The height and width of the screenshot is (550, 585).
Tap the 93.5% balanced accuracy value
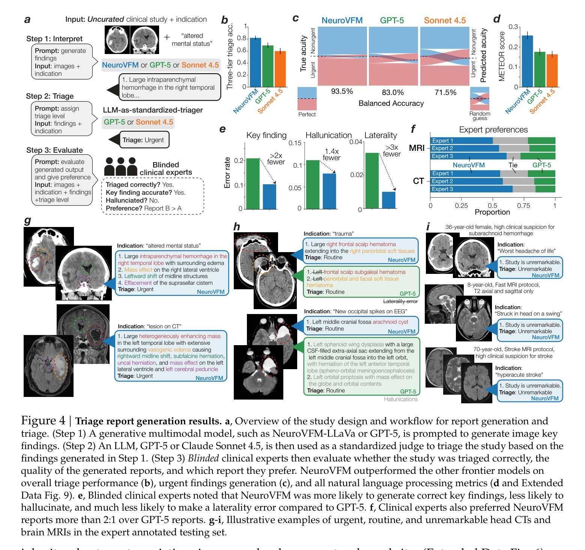[342, 92]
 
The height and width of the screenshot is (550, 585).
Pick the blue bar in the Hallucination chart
[329, 191]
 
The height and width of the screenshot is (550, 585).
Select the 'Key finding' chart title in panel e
[266, 135]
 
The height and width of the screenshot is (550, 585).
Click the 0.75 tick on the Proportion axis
[524, 206]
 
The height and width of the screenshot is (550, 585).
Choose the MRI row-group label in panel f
[417, 148]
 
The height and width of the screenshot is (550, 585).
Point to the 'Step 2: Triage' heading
[50, 96]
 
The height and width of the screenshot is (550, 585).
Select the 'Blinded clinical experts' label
[166, 168]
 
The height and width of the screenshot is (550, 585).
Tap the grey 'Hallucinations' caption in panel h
[400, 399]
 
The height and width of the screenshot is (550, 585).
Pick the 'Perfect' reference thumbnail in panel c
[307, 99]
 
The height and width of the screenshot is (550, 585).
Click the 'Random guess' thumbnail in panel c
[480, 99]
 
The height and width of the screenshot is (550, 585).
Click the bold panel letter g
[27, 220]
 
